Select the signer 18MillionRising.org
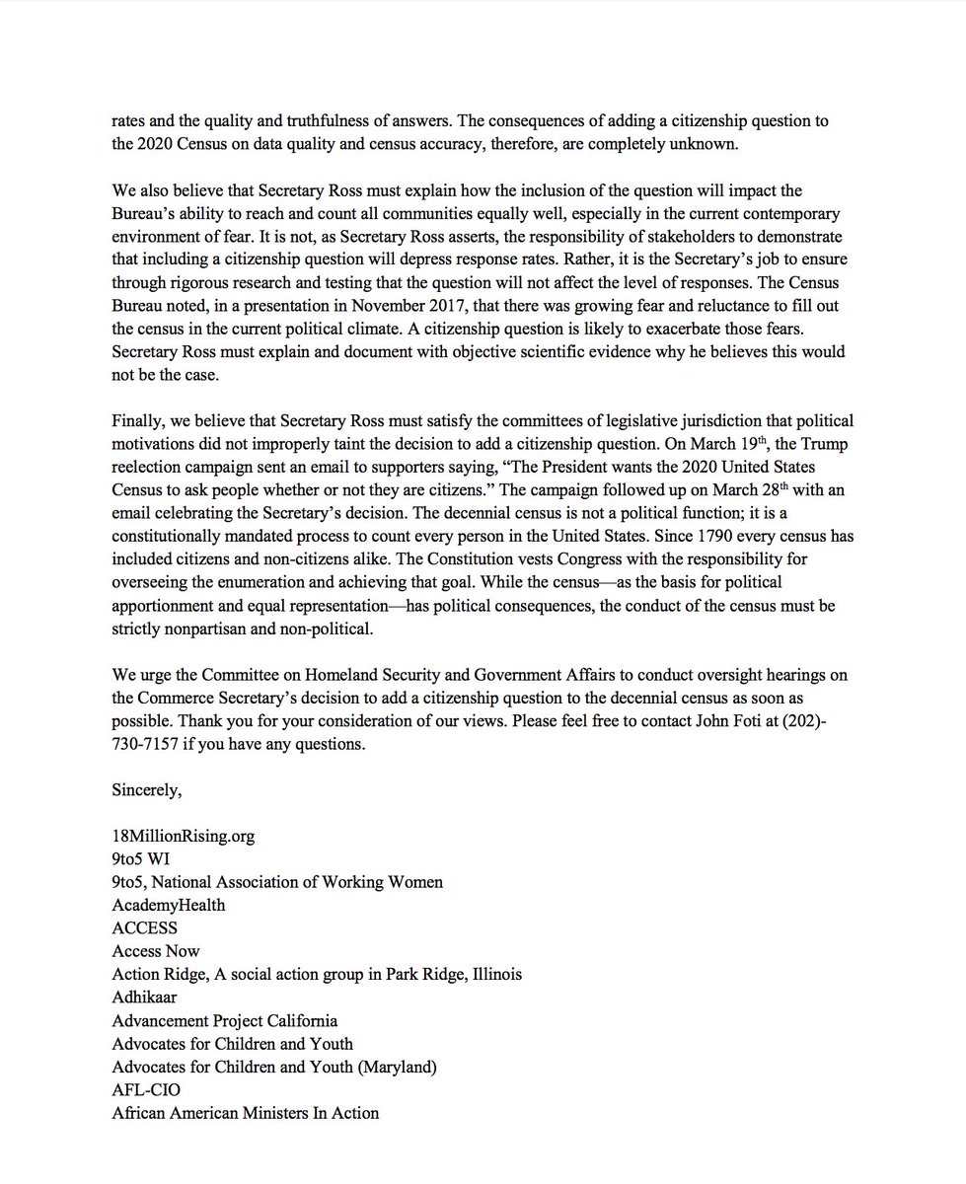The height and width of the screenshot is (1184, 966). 183,836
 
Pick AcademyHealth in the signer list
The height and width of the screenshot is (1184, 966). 168,905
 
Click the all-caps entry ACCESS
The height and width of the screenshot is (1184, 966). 146,927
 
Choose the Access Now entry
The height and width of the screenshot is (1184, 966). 156,951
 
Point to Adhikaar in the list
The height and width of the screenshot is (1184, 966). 145,998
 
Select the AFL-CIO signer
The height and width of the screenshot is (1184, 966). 146,1090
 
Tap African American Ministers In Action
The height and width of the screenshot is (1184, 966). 245,1113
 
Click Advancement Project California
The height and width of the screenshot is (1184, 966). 224,1020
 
